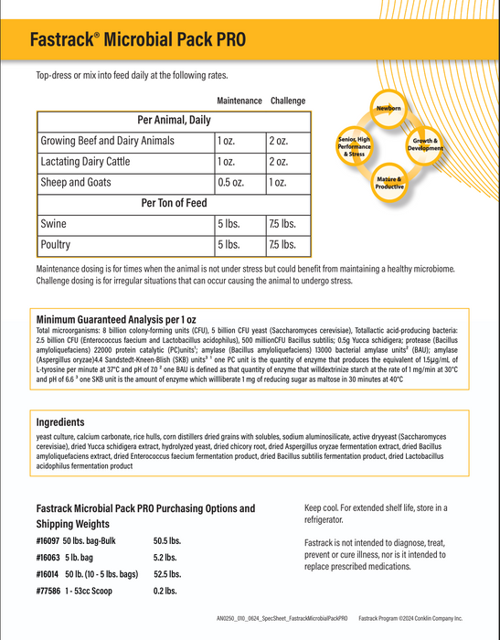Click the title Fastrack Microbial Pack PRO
(137, 40)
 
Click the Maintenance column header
(239, 101)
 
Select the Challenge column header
(287, 101)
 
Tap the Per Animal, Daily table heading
(173, 120)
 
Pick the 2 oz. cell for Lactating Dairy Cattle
(278, 162)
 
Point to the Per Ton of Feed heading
(173, 203)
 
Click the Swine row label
(54, 224)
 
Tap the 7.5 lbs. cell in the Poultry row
(282, 245)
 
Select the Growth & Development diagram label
(426, 144)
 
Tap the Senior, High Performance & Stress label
(354, 146)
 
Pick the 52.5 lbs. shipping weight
(166, 574)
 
